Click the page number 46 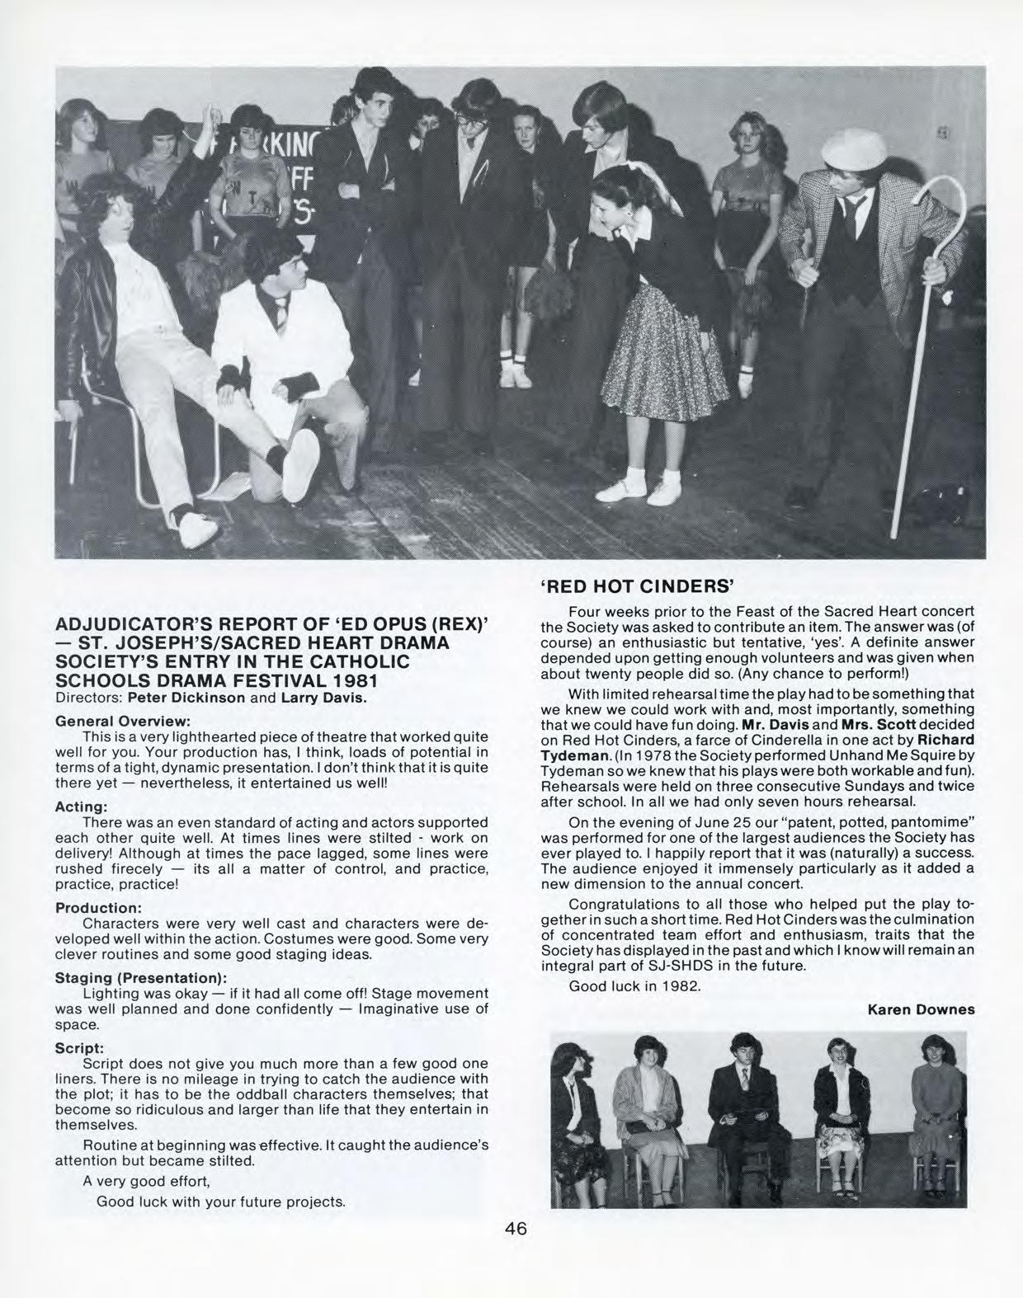[x=516, y=1229]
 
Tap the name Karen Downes [x=922, y=1009]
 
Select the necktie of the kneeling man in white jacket [x=281, y=311]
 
